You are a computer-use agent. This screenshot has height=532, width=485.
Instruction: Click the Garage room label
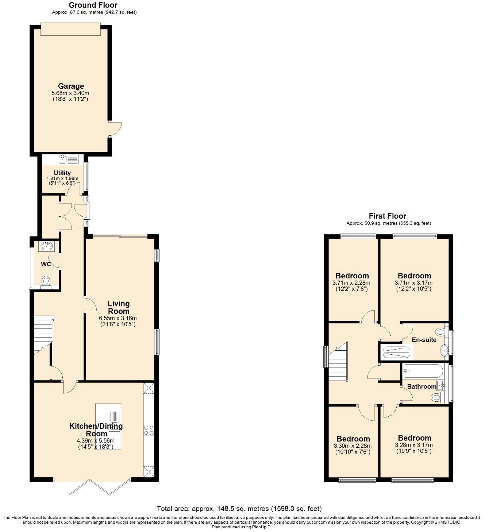(71, 86)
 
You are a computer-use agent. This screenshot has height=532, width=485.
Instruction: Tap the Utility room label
(62, 173)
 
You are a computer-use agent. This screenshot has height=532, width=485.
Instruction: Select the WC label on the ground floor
(46, 264)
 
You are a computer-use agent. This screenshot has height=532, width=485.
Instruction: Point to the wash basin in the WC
(47, 246)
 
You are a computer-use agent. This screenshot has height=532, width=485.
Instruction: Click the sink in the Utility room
(63, 159)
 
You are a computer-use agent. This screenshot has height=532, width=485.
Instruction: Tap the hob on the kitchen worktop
(149, 430)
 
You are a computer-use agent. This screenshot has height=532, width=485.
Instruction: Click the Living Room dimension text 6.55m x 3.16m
(118, 318)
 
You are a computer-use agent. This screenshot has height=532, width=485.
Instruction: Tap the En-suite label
(424, 340)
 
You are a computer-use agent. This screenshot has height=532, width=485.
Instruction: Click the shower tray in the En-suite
(396, 352)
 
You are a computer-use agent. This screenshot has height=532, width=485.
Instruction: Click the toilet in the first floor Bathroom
(436, 397)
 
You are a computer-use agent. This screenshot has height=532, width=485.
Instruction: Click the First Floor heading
(387, 216)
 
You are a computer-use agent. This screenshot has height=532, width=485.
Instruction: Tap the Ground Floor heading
(93, 5)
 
